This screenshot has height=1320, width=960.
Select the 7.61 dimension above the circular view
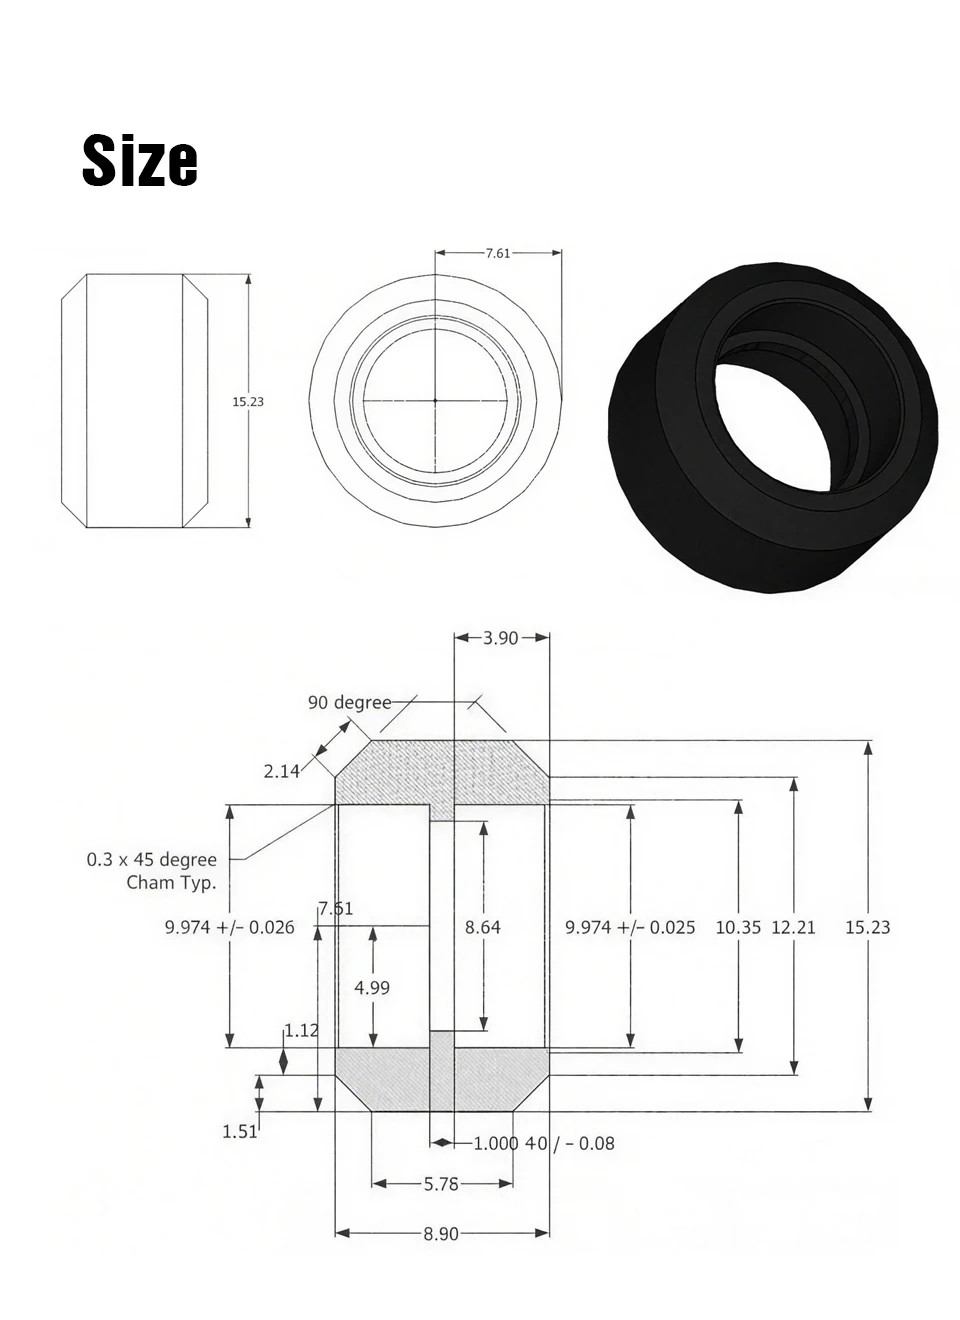point(497,253)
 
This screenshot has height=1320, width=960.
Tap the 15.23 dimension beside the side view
point(248,401)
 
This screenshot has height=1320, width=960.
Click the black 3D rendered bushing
point(775,430)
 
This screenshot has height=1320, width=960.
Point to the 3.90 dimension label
point(500,638)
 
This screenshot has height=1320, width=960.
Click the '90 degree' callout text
point(349,702)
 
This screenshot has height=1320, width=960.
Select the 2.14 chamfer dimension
point(282,770)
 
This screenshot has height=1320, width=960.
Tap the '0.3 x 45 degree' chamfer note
point(152,860)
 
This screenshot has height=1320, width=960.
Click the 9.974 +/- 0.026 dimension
point(229,927)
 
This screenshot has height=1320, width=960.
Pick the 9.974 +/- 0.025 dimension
point(630,927)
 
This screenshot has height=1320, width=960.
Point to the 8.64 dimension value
point(483,927)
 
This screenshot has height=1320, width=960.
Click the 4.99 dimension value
point(372,987)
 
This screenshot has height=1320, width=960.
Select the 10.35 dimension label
point(738,927)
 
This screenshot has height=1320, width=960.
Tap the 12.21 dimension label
point(793,927)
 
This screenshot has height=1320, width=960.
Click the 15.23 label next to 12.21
point(867,927)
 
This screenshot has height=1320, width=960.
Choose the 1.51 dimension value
point(239,1131)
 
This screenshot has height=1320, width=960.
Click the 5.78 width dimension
point(441,1184)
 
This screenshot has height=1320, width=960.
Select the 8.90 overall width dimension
point(441,1234)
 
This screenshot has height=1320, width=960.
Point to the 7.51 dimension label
point(335,908)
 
